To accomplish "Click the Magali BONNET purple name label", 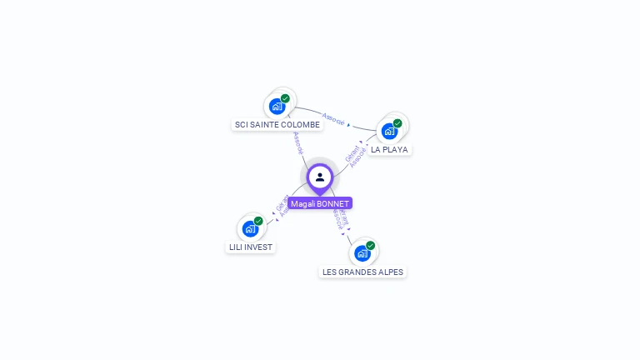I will tap(320, 203).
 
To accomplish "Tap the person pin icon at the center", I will tap(320, 177).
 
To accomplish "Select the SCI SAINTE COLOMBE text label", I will tap(277, 125).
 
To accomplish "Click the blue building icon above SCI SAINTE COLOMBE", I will tap(277, 107).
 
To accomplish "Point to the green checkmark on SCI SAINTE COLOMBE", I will tap(286, 98).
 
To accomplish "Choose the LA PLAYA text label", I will tap(389, 150).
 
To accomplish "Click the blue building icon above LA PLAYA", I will tap(389, 132).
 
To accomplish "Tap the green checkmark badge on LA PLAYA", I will tap(397, 123).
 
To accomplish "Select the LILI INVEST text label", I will tap(251, 247).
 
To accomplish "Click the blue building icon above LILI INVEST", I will tap(250, 228).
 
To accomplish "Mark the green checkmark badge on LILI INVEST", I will tap(258, 221).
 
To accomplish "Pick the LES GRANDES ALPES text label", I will tap(362, 272).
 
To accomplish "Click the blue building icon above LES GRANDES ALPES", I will tap(362, 253).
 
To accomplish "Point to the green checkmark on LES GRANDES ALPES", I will tap(370, 246).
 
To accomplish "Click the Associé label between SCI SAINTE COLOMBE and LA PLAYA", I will tap(333, 119).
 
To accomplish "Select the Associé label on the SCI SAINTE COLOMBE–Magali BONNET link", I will tap(297, 142).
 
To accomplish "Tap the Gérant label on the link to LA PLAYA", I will tap(351, 153).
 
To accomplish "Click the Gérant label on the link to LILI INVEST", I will tap(281, 202).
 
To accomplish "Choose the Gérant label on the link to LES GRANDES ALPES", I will tap(342, 210).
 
